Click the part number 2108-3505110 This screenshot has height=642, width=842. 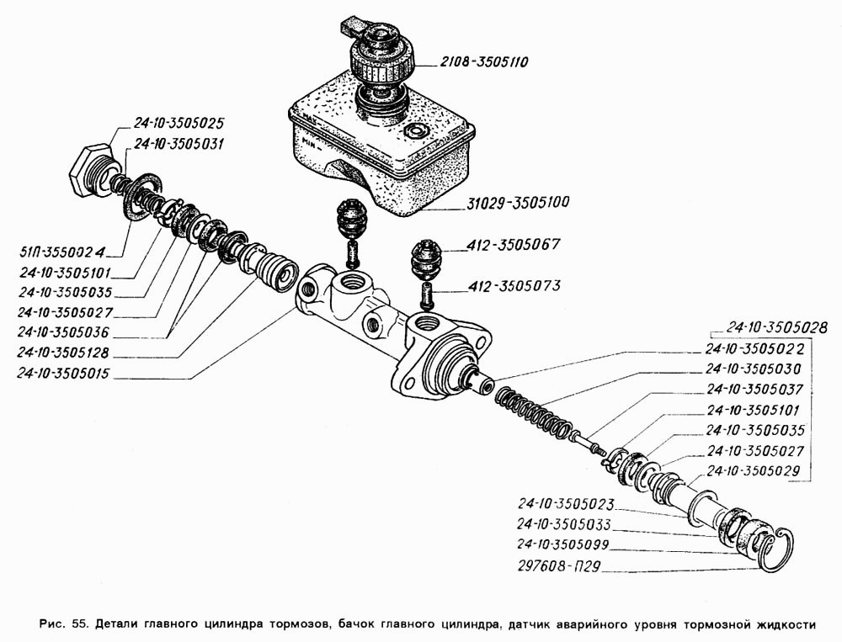click(x=483, y=61)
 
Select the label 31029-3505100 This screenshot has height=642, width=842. click(x=505, y=203)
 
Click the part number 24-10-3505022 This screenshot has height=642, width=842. click(x=755, y=348)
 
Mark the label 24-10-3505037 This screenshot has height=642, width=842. click(x=755, y=390)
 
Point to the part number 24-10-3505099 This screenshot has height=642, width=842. click(x=565, y=544)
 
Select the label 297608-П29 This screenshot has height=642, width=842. click(x=559, y=565)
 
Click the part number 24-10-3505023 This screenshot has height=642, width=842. click(x=565, y=505)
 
